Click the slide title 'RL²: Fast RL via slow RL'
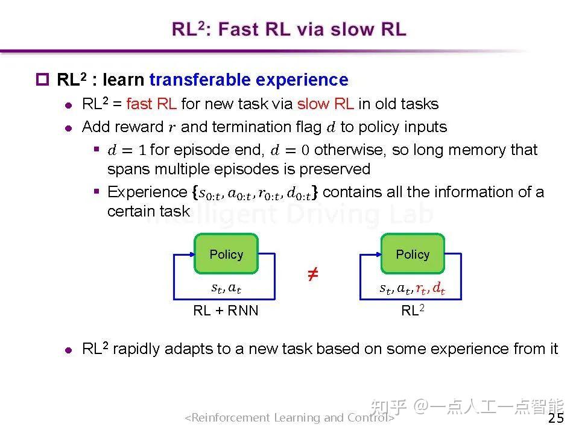click(x=289, y=29)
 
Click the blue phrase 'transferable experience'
click(x=248, y=80)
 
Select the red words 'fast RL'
click(x=151, y=104)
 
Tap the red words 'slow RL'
click(x=325, y=104)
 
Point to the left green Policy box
click(x=226, y=254)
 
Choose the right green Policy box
click(x=413, y=254)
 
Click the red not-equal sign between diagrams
click(x=312, y=275)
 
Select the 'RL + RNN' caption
click(x=226, y=311)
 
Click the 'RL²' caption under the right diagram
click(x=413, y=311)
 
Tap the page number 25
click(x=556, y=418)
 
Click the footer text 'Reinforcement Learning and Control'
click(x=289, y=417)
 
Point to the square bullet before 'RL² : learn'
click(x=42, y=80)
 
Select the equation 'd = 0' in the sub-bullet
click(x=289, y=150)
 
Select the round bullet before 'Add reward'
click(x=69, y=128)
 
